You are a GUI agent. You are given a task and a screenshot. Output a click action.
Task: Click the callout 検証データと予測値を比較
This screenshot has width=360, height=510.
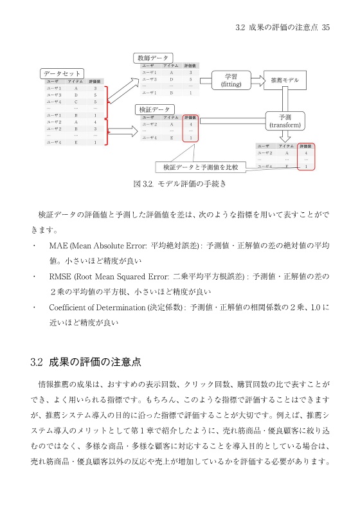pos(201,167)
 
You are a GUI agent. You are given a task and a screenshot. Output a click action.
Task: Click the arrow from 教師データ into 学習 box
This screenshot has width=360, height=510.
pos(205,80)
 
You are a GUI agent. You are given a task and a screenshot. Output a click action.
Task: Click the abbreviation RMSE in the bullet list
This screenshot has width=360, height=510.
pos(60,277)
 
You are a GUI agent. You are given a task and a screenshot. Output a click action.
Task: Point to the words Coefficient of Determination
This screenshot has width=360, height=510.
pos(97,307)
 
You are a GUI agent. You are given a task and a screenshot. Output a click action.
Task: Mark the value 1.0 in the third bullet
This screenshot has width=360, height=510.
pos(312,307)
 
